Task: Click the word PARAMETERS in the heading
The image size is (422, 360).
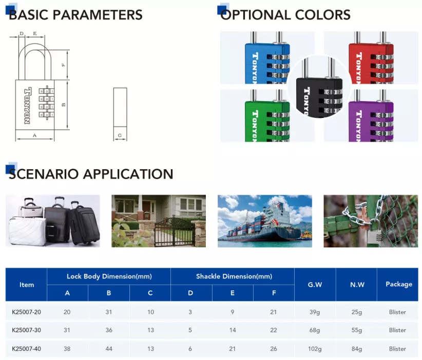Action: point(98,15)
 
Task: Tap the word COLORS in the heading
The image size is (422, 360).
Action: point(323,15)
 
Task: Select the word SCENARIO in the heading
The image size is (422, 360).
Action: point(44,174)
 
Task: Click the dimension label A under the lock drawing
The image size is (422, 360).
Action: point(34,135)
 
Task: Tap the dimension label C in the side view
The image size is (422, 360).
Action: point(120,135)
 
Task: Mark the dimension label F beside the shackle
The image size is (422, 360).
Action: point(64,65)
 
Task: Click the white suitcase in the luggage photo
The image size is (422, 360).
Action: point(27,231)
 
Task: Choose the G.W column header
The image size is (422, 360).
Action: point(315,285)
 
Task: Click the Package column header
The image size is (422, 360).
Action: point(399,284)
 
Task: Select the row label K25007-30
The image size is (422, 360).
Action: point(26,330)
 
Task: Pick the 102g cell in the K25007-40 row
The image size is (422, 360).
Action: point(315,349)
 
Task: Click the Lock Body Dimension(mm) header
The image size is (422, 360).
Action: point(109,276)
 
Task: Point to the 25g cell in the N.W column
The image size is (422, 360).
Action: point(357,312)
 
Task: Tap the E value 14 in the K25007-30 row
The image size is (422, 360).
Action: point(233,330)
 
